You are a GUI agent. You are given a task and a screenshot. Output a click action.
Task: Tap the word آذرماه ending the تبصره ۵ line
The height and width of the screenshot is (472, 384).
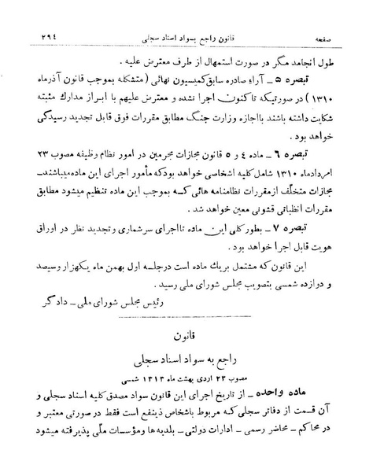[x=50, y=79]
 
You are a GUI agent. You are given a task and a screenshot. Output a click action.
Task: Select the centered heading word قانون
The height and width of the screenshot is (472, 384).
[x=192, y=335]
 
